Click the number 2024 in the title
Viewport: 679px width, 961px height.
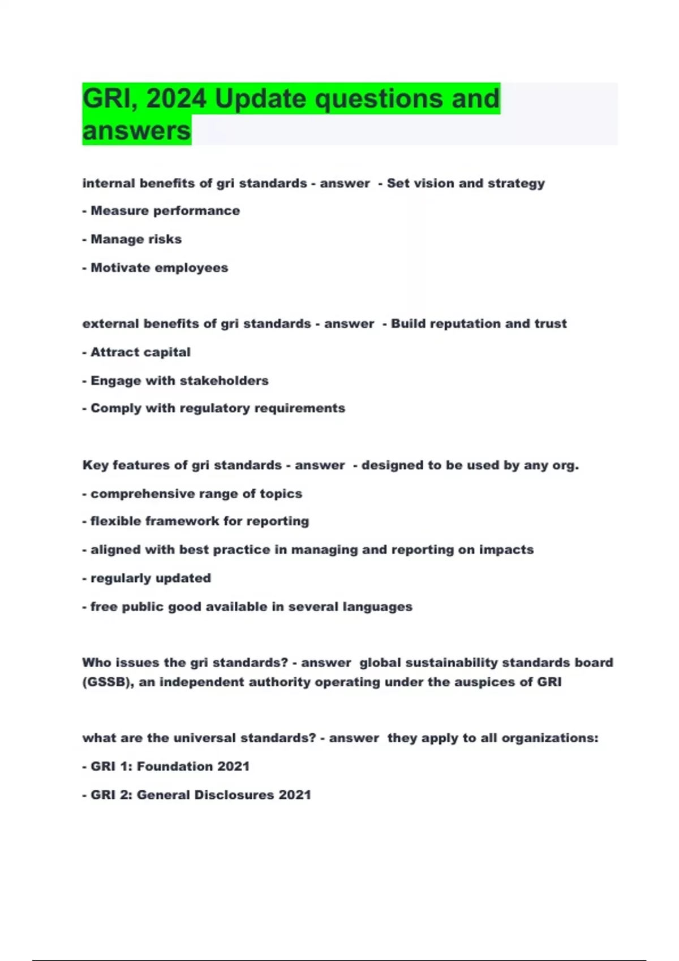tap(176, 99)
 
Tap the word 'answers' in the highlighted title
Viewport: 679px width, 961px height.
tap(137, 131)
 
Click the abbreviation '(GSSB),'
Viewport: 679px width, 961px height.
tap(108, 682)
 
